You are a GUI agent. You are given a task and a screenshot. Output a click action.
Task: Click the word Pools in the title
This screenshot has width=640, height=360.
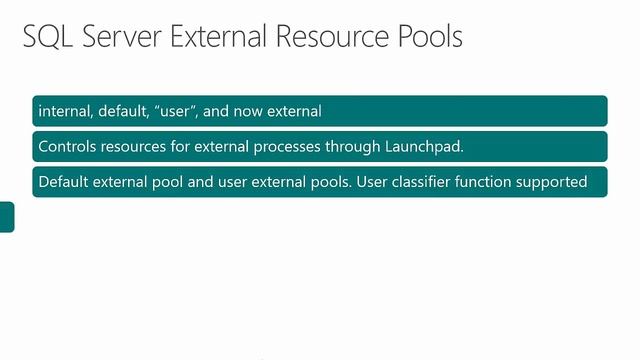tap(429, 38)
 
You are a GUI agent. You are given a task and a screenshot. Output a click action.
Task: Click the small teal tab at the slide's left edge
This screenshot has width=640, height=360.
tap(7, 217)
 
